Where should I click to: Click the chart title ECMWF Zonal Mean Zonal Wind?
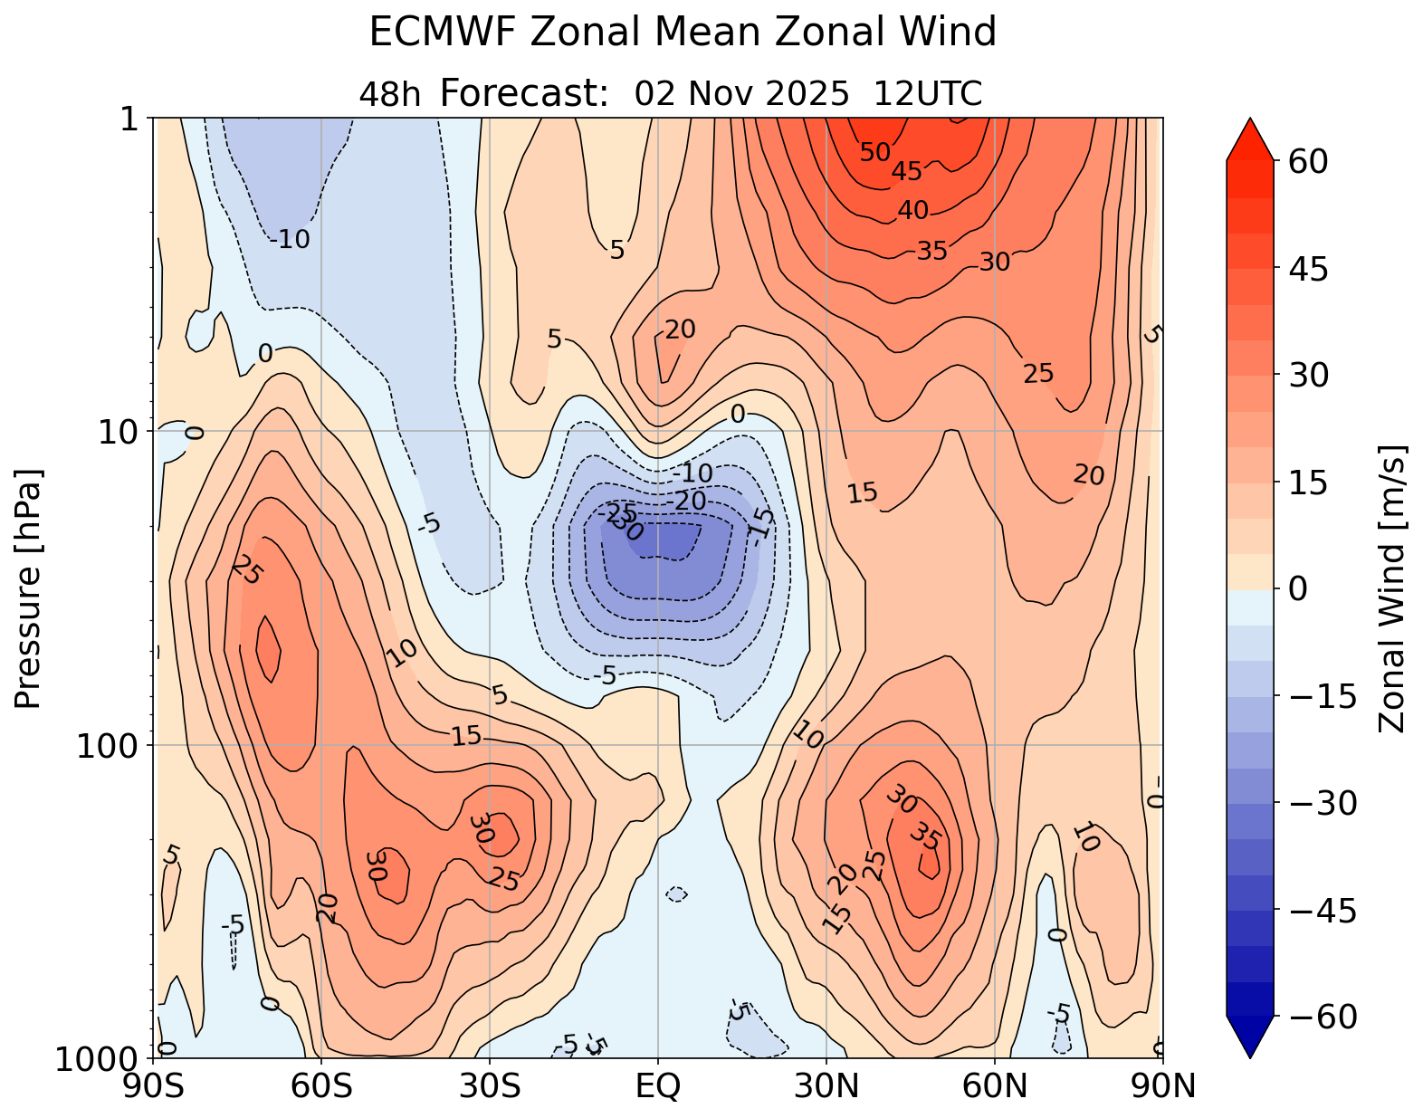(683, 33)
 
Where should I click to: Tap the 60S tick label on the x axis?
(321, 1085)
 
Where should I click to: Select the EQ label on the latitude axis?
(658, 1085)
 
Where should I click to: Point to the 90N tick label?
(1163, 1085)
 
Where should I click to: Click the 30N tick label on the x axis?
(826, 1085)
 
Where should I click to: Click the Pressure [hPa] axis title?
(29, 588)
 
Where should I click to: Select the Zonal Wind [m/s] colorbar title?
(1392, 588)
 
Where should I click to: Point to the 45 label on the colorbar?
(1304, 269)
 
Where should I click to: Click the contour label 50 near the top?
(875, 153)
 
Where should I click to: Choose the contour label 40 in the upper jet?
(912, 211)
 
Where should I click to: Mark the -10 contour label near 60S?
(290, 240)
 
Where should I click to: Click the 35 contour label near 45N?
(925, 837)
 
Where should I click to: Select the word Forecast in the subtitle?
(524, 93)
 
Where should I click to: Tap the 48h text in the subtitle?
(390, 94)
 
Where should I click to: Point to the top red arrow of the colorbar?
(1250, 139)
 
